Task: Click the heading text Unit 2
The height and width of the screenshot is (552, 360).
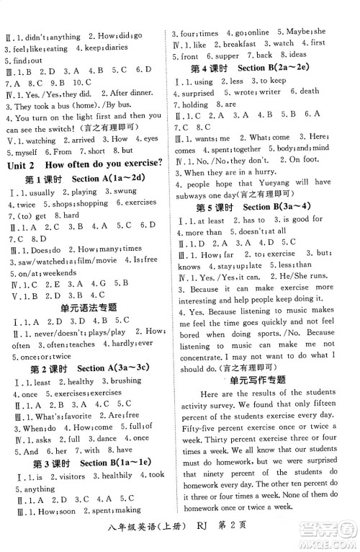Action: pyautogui.click(x=22, y=163)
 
